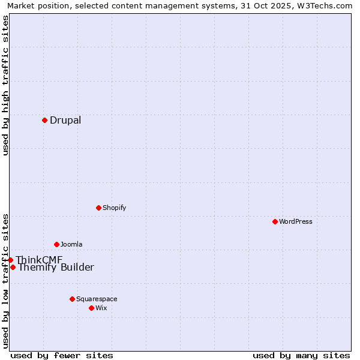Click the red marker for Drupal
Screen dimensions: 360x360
[44, 120]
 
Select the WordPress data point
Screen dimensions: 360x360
[275, 221]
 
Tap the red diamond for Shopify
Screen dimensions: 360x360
[98, 208]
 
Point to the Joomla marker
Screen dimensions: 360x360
[56, 244]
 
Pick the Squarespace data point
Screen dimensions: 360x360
[72, 299]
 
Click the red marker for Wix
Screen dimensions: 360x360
[91, 308]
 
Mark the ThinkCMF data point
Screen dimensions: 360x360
[10, 260]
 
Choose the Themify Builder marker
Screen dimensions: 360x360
[13, 267]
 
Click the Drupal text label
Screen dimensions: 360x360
[65, 120]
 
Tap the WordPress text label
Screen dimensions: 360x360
[296, 221]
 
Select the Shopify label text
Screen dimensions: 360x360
[114, 208]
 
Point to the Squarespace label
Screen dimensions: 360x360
[97, 299]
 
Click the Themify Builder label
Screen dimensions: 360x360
[56, 268]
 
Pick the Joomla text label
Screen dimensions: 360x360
[71, 244]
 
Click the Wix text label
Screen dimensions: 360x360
[101, 308]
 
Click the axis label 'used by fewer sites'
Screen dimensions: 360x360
[62, 355]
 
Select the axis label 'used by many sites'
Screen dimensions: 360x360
[301, 355]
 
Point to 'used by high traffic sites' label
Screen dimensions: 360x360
[5, 85]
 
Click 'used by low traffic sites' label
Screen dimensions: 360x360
[5, 280]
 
